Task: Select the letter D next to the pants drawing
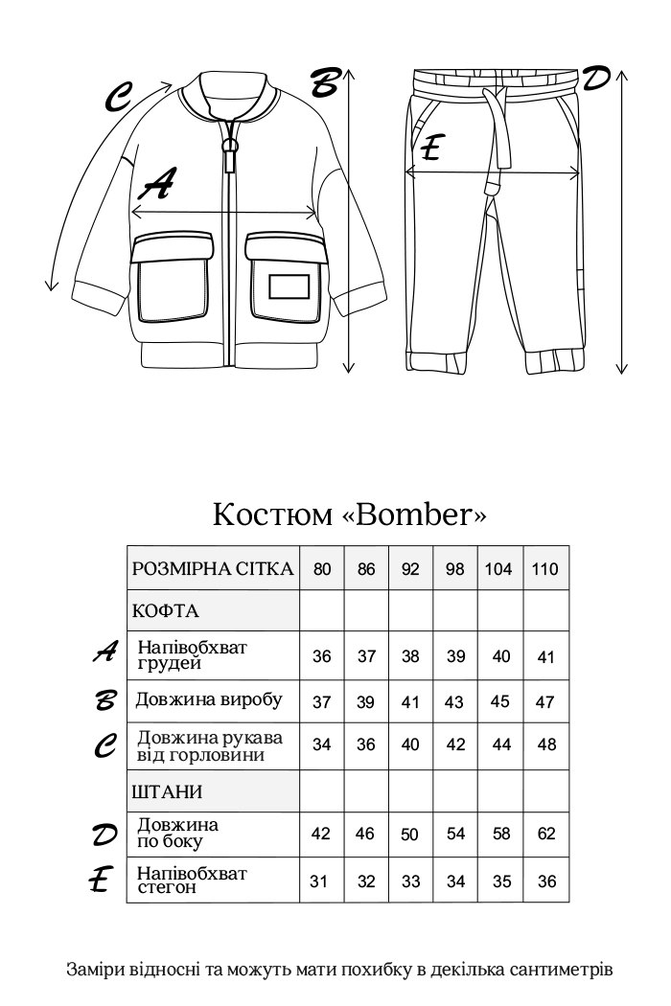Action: point(596,79)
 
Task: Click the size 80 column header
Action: point(322,569)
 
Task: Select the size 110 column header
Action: point(545,569)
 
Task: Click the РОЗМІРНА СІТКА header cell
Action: point(213,569)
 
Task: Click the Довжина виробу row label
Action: point(209,700)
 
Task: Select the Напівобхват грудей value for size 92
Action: point(410,657)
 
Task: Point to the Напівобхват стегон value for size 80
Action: point(322,881)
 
